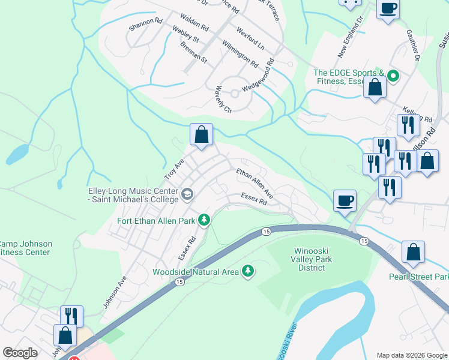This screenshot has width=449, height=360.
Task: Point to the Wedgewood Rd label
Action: coord(258,75)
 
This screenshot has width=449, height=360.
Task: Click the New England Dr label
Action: coord(351,37)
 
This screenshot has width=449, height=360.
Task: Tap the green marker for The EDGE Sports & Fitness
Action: coord(393,76)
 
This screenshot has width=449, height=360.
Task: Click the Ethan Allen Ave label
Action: coord(255,184)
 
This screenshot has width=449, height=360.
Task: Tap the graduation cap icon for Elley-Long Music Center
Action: coord(187,193)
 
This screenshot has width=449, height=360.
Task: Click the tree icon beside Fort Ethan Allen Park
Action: coord(204,220)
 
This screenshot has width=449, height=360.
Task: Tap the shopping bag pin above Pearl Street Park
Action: coord(413,253)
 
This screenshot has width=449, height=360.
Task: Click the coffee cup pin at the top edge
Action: coord(387,10)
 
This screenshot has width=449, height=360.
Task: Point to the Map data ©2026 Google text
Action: coord(411,355)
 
